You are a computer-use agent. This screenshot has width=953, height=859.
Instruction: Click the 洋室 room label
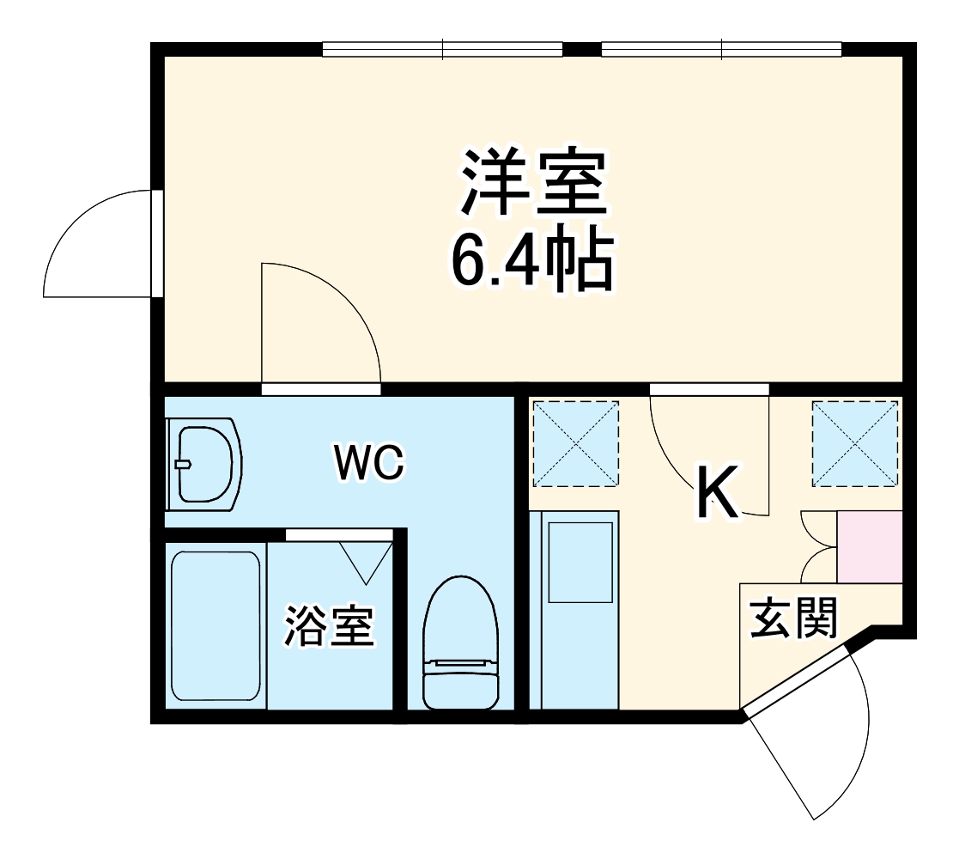tap(534, 182)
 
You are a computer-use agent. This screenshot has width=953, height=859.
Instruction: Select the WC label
tap(369, 464)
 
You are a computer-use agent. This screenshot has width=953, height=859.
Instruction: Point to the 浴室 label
tap(330, 626)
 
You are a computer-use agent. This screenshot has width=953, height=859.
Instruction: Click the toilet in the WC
tap(461, 643)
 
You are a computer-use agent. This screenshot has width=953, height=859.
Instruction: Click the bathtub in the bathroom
tap(215, 626)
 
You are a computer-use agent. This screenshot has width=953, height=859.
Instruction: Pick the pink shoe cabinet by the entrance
tap(869, 546)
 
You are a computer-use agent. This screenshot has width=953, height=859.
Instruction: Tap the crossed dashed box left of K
tap(575, 442)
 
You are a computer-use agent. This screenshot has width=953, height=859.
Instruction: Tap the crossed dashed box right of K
tap(855, 442)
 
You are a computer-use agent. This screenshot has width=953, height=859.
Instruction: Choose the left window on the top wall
tap(442, 50)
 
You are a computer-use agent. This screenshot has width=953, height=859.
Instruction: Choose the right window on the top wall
tap(721, 50)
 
